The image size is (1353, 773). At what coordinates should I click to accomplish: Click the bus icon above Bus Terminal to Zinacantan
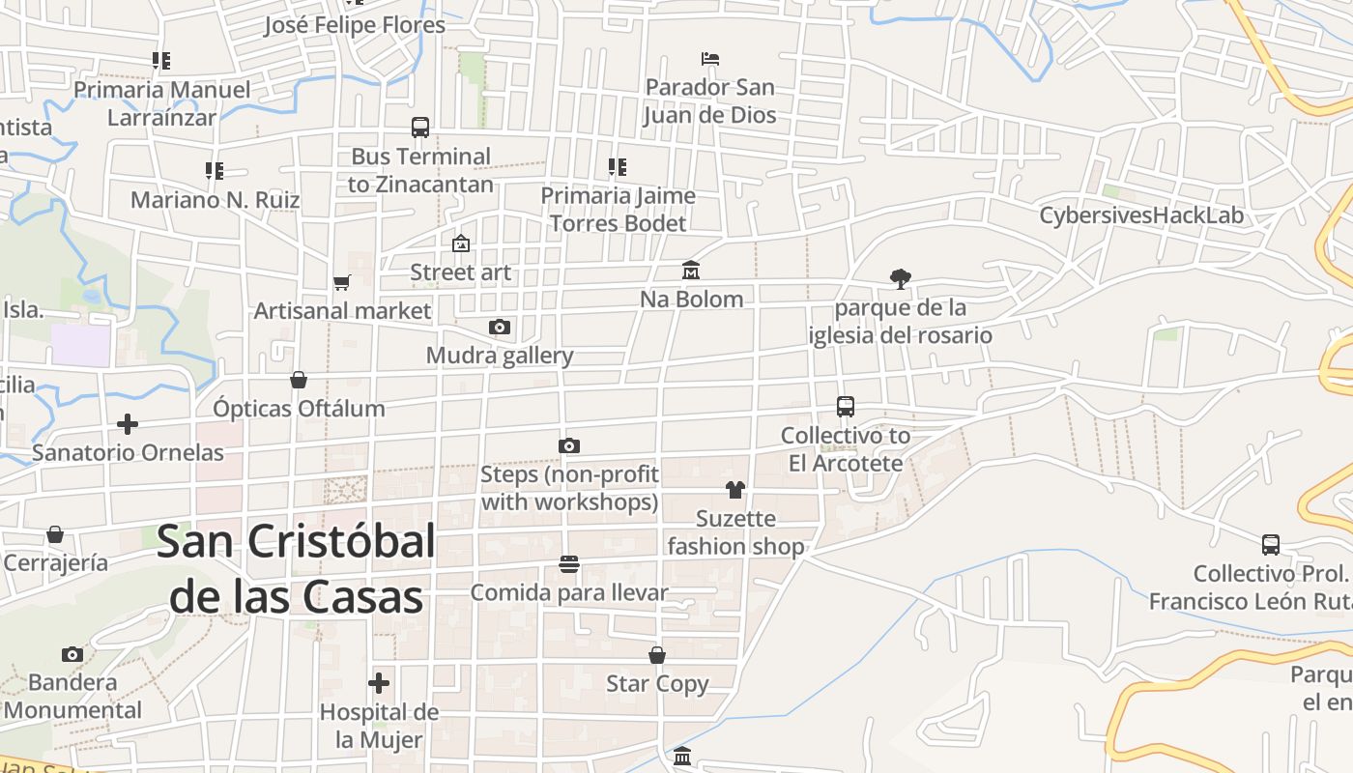point(420,128)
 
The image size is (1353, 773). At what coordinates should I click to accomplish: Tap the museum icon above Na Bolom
point(691,270)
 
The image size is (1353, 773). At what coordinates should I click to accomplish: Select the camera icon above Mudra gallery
point(500,327)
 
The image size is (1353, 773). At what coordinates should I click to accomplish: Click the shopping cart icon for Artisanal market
point(341,282)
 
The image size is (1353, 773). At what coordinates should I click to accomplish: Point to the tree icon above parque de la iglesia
point(900,279)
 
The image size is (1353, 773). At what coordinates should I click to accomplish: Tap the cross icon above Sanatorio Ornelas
point(128,424)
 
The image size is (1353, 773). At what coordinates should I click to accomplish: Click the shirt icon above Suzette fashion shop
point(735,490)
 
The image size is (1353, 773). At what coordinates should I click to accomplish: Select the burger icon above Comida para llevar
point(569,564)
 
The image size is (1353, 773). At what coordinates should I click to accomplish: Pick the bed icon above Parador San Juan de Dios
point(710,59)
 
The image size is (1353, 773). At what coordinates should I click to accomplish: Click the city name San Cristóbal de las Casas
point(296,569)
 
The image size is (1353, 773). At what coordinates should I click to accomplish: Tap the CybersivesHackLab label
point(1141,215)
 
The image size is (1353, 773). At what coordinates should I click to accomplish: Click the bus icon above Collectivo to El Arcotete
point(846,407)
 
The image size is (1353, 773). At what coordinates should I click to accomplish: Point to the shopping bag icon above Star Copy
point(657,655)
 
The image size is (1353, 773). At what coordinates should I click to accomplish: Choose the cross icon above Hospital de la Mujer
point(379,684)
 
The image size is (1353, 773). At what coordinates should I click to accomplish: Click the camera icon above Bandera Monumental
point(72,654)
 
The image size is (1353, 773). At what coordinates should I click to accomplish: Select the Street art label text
point(460,272)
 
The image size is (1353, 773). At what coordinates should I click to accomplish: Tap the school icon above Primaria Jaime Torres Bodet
point(618,167)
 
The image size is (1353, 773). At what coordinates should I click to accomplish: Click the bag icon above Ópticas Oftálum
point(299,380)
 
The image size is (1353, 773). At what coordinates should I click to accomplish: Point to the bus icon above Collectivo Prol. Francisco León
point(1271,545)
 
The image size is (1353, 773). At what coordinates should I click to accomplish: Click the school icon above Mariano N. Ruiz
point(215,171)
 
